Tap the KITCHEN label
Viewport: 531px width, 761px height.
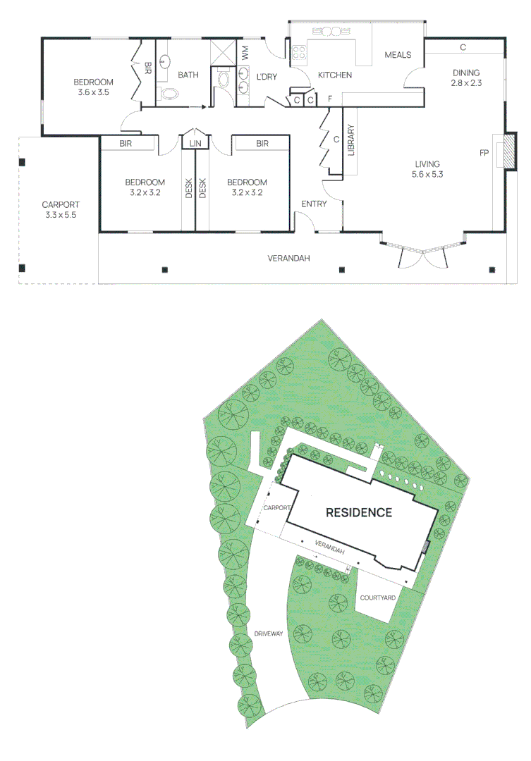point(335,75)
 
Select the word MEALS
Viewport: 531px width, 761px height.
point(398,55)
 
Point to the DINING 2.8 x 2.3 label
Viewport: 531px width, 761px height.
point(465,78)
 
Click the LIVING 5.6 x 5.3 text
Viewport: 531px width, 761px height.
point(427,169)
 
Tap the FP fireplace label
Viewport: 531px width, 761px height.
point(484,153)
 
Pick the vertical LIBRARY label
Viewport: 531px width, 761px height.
point(350,140)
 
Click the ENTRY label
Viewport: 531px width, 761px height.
point(314,204)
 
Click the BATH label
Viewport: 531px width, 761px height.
point(188,75)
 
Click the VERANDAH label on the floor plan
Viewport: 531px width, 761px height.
point(288,259)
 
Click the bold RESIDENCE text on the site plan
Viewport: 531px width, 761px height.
point(358,512)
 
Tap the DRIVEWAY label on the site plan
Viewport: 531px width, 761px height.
point(268,634)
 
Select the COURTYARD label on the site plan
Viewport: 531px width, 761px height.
point(377,598)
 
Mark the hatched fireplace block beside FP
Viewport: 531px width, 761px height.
point(506,152)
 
